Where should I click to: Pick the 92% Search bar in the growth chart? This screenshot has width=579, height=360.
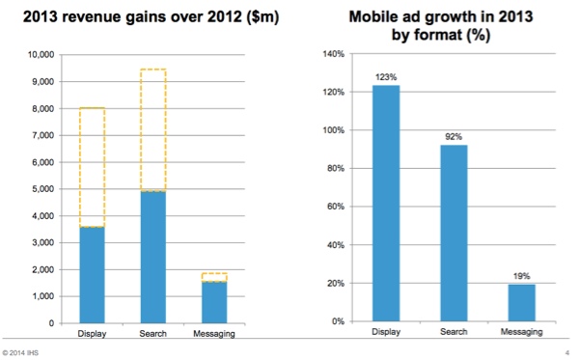point(454,233)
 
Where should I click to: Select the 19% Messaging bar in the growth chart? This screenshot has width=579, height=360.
point(521,302)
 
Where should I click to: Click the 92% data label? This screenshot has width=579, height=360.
point(454,137)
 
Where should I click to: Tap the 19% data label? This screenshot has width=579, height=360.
point(521,276)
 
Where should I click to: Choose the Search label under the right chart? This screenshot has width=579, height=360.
point(454,333)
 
